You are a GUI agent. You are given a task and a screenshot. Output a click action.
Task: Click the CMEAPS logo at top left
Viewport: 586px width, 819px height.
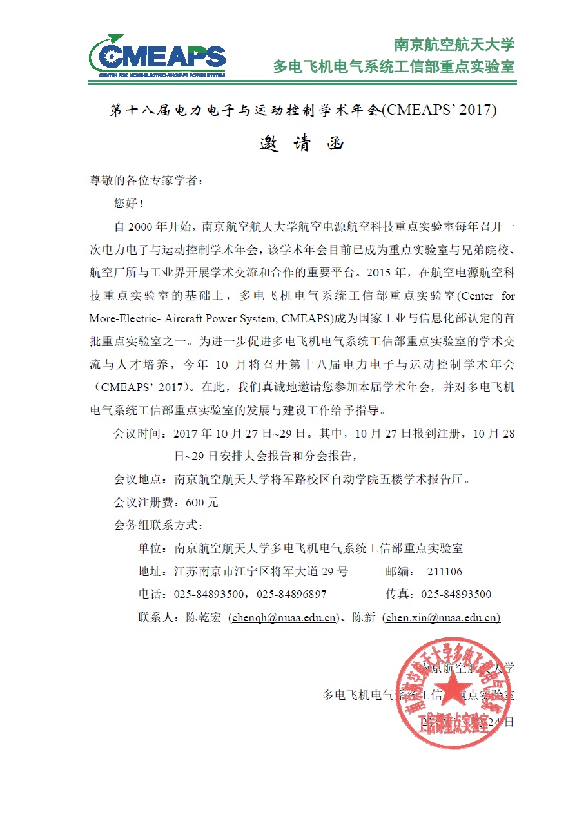157,57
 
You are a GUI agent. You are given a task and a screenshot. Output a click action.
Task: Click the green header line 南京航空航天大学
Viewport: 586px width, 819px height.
454,44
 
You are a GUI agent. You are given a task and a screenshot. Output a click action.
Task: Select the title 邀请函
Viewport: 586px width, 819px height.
302,143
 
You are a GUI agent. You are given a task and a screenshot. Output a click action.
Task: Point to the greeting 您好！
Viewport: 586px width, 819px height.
129,204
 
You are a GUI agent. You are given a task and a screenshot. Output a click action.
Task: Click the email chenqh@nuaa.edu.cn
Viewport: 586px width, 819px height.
284,617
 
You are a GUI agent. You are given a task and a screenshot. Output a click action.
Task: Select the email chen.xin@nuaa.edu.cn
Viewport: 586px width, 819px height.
442,617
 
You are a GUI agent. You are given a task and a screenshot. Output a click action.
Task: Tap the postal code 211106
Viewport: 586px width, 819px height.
444,572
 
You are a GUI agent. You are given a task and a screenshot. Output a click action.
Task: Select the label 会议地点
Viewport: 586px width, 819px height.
141,479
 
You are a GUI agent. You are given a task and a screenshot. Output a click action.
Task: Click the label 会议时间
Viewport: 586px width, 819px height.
141,434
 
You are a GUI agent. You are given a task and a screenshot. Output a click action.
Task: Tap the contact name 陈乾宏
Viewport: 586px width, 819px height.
203,617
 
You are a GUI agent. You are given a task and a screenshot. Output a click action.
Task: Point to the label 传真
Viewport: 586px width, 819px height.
396,594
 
